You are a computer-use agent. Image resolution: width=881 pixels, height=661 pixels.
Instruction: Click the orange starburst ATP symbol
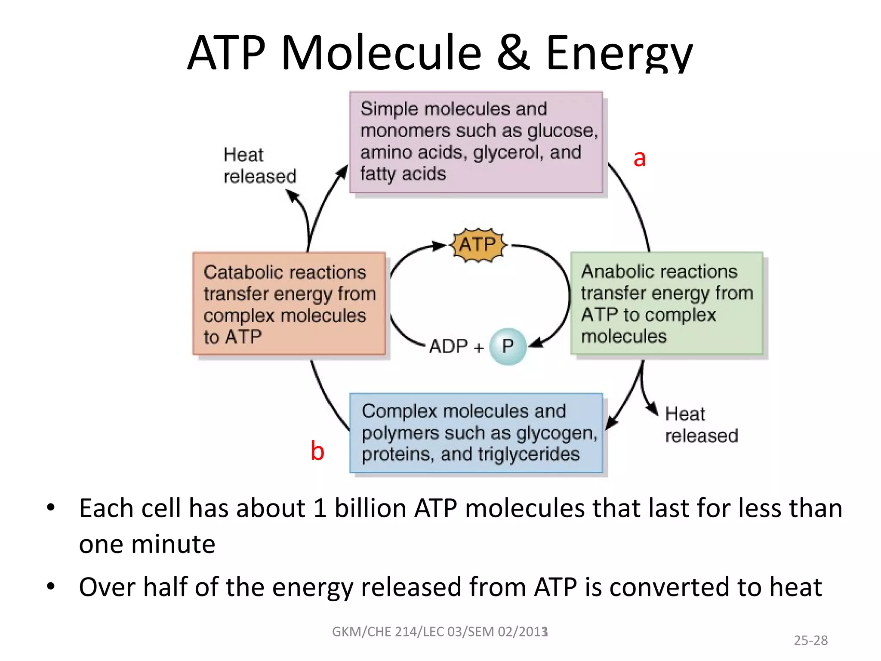(478, 245)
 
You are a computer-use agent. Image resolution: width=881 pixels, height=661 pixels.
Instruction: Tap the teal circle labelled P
(508, 346)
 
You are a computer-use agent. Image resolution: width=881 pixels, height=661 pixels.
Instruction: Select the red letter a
(640, 159)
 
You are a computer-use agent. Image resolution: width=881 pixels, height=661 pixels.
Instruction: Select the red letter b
(317, 451)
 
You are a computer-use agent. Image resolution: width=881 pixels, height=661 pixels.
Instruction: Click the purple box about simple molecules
(476, 142)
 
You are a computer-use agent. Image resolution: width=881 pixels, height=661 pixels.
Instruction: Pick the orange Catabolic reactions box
(289, 304)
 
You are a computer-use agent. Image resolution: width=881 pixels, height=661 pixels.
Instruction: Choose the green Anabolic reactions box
(667, 303)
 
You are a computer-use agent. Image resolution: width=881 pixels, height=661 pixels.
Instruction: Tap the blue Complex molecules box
(476, 433)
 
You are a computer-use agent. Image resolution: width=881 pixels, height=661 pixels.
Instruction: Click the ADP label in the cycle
(448, 347)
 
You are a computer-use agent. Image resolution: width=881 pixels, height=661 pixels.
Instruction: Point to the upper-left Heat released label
(260, 166)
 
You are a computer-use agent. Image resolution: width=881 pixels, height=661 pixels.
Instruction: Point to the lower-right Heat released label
(701, 425)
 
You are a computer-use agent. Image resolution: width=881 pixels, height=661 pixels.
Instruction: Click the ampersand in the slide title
(513, 53)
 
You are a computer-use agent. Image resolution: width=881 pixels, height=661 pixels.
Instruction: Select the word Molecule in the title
(381, 53)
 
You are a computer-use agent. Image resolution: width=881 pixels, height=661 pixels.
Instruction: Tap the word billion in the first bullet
(370, 508)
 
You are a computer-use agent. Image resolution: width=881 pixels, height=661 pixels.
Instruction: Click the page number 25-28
(810, 640)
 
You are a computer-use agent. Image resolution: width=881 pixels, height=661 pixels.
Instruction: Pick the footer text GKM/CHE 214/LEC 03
(440, 632)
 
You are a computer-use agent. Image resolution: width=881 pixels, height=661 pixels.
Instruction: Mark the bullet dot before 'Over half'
(51, 586)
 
